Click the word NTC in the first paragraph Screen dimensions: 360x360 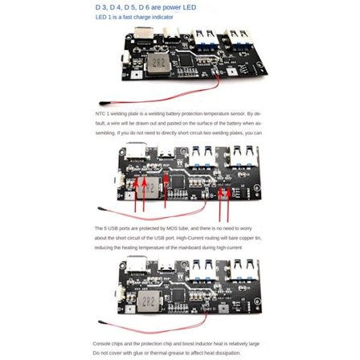pyautogui.click(x=99, y=114)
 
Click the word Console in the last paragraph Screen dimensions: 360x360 pyautogui.click(x=102, y=343)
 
